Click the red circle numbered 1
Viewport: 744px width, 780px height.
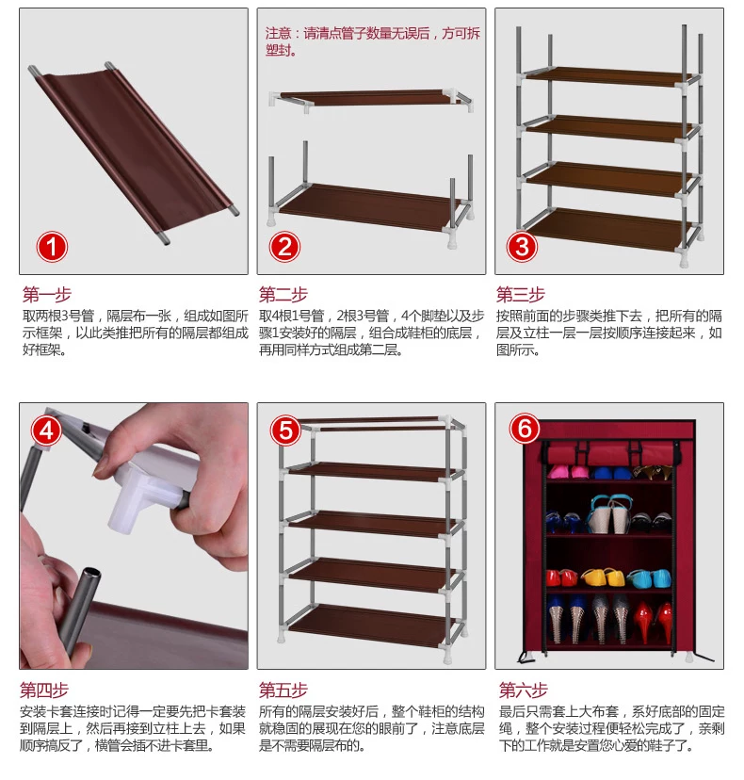pos(52,247)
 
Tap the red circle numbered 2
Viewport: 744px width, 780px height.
pos(285,247)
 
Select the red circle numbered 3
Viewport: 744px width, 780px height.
pos(522,247)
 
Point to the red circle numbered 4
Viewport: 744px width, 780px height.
pos(46,431)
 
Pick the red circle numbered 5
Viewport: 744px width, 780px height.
pos(285,431)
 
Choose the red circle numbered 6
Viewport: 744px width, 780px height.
pos(525,429)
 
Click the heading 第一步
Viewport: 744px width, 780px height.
pos(47,295)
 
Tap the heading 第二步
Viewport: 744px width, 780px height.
pos(283,295)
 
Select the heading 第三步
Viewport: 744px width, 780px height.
pos(521,295)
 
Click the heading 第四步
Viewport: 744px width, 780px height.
pos(44,690)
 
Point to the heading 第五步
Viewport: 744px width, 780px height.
pos(283,690)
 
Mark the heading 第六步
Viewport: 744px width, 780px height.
pos(524,690)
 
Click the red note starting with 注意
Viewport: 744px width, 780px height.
pos(373,41)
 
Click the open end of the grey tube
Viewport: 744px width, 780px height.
pos(91,575)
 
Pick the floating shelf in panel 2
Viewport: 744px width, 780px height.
pos(370,99)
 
